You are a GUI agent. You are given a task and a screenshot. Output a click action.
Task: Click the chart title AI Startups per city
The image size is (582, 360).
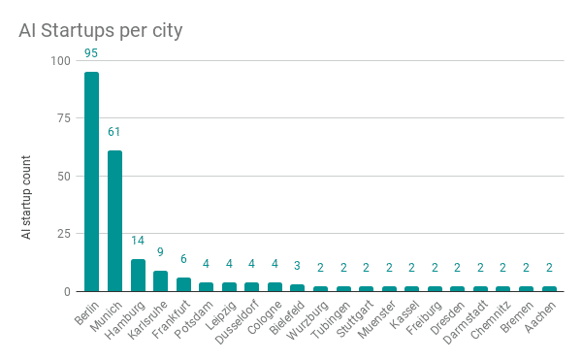coord(101,30)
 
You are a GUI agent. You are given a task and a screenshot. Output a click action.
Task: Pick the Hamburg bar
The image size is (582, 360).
coord(138,276)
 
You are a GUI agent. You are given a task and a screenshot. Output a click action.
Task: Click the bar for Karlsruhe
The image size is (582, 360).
coord(160,281)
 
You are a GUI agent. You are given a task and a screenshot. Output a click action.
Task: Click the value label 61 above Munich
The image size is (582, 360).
coord(114,132)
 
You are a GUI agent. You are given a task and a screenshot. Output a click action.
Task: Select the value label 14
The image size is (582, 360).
coord(138,241)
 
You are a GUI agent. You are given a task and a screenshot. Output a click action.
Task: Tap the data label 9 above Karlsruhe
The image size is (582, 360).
coord(160,252)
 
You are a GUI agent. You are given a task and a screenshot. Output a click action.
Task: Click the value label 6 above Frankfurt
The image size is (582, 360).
coord(183,259)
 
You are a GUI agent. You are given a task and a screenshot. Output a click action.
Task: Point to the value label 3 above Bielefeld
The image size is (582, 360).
coord(298,266)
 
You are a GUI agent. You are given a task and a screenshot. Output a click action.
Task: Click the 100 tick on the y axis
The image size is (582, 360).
coord(60,60)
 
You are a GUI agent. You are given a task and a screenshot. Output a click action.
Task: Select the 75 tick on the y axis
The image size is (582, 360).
coord(63,118)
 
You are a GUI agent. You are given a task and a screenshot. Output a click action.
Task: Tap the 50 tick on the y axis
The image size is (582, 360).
coord(63,176)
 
